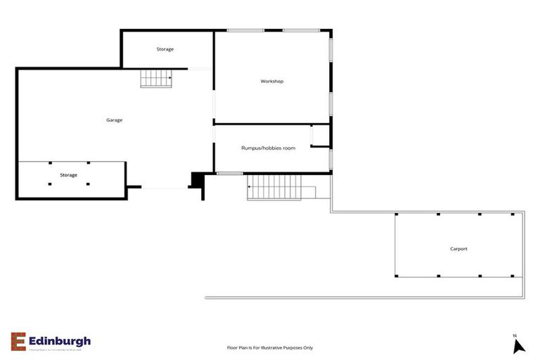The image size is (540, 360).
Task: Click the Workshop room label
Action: [x=271, y=82]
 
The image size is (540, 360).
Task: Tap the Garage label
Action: [x=114, y=120]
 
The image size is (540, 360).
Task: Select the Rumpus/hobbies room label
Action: [x=268, y=148]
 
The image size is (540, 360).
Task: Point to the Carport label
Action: [x=458, y=249]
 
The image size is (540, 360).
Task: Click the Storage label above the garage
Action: [x=165, y=49]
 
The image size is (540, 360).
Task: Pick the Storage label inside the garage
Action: [x=68, y=174]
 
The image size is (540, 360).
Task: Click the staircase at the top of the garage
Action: [x=156, y=78]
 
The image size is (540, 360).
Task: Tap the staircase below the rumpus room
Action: [x=274, y=187]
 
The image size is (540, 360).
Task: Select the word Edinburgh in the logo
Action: [x=60, y=340]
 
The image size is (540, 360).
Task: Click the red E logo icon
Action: [x=18, y=341]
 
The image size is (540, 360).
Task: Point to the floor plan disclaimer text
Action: [x=269, y=347]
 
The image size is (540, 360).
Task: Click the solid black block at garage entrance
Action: [x=197, y=181]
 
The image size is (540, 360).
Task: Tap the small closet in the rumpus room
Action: [x=321, y=136]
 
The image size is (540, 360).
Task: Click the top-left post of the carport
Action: [x=397, y=214]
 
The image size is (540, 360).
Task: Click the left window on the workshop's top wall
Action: [x=245, y=30]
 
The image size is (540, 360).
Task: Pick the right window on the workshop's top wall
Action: [x=301, y=30]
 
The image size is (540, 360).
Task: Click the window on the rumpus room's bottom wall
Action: [x=229, y=173]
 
